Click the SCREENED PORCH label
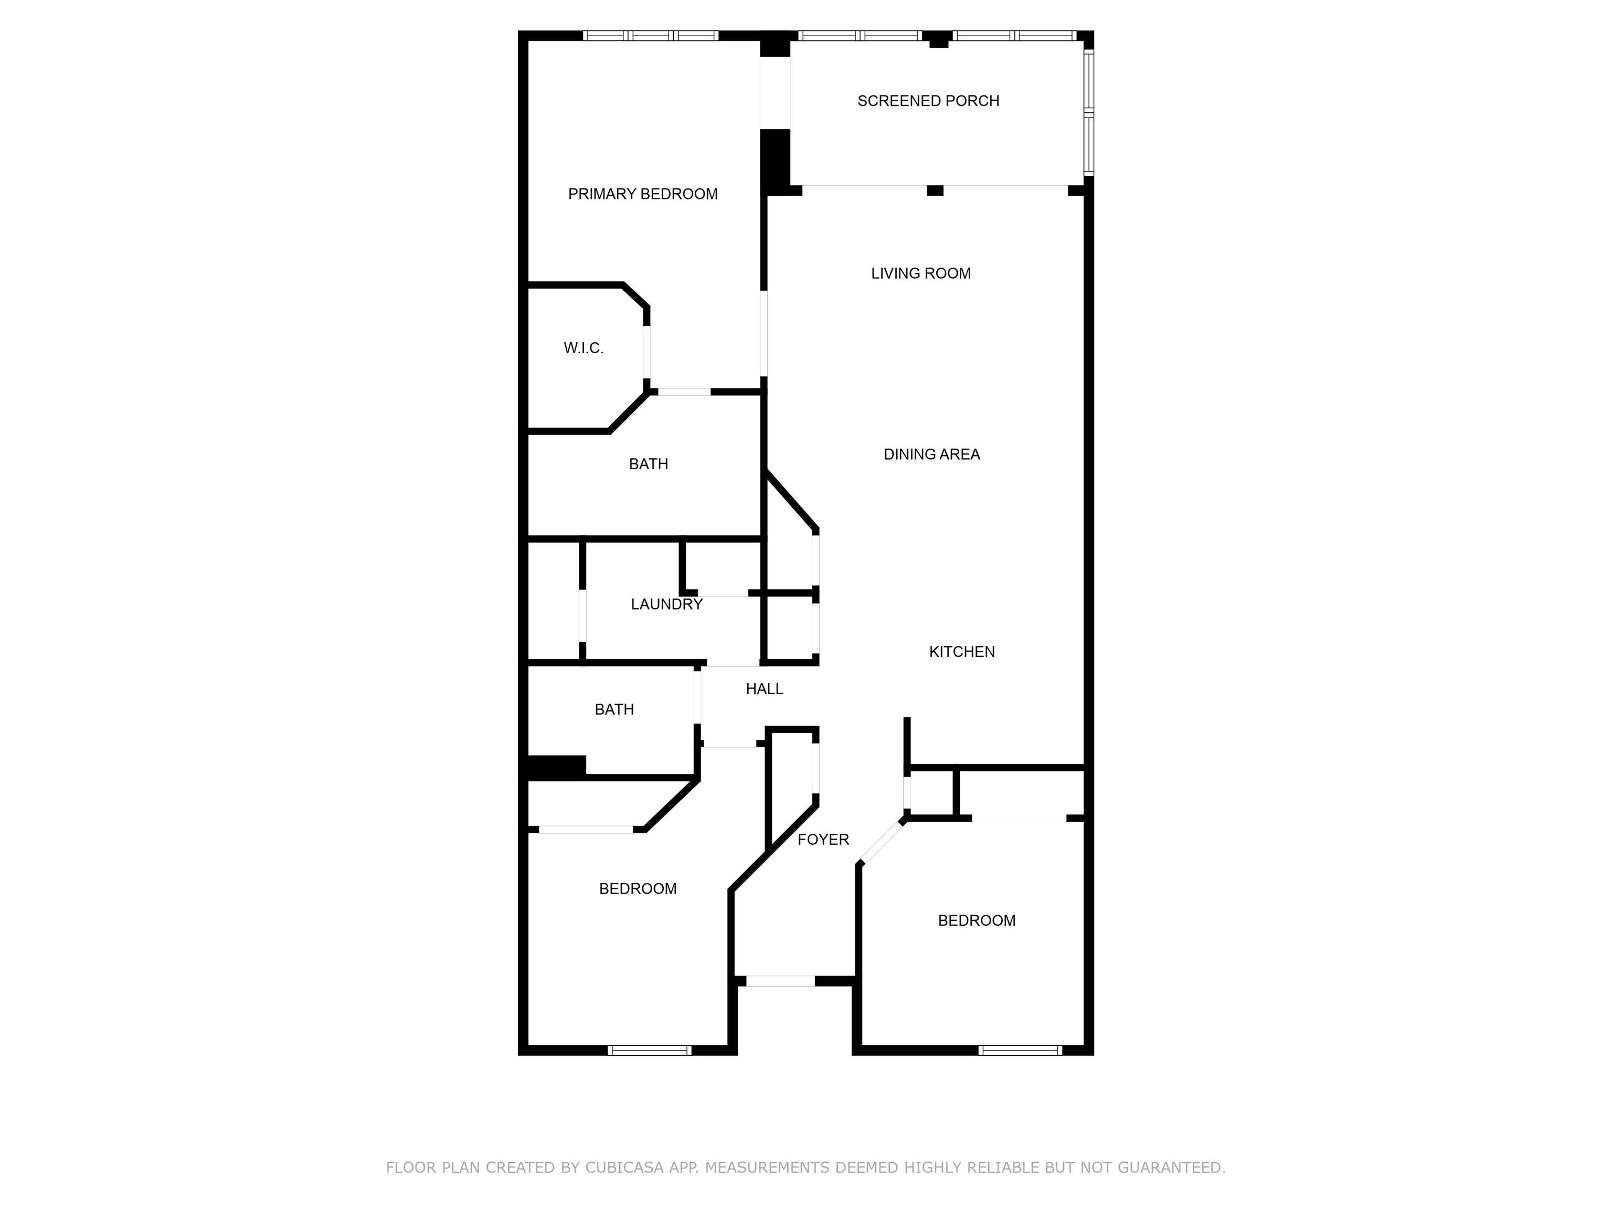click(x=928, y=101)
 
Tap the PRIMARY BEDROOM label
click(x=643, y=194)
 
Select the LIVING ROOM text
click(x=920, y=273)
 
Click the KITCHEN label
click(x=962, y=652)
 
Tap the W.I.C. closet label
click(x=584, y=348)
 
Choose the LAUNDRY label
click(x=667, y=604)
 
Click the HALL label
click(x=765, y=688)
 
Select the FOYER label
click(x=823, y=840)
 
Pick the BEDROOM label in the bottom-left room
click(x=638, y=889)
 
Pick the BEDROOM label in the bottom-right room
click(x=977, y=921)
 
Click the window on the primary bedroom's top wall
click(x=651, y=36)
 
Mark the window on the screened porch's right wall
click(x=1089, y=111)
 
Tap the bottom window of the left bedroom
click(x=649, y=1050)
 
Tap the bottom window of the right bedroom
click(x=1020, y=1050)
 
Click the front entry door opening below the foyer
click(x=780, y=981)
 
